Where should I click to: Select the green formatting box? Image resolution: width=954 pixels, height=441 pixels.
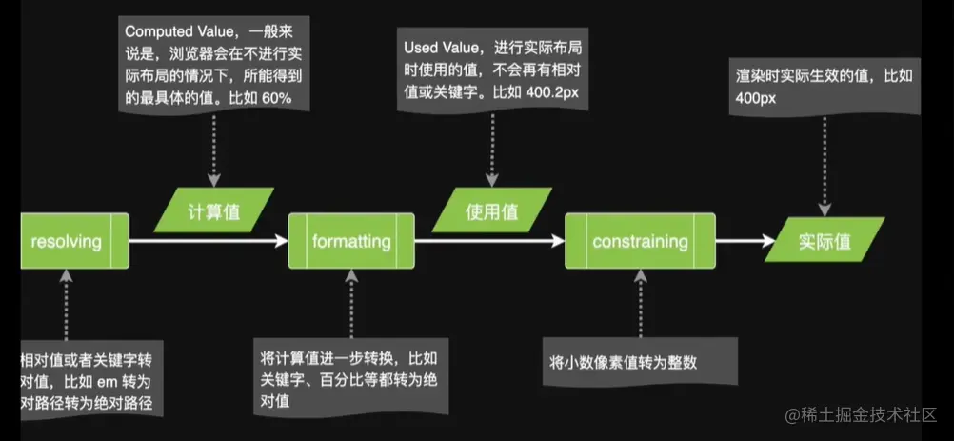coord(351,241)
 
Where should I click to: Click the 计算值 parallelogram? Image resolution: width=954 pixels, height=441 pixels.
coord(214,211)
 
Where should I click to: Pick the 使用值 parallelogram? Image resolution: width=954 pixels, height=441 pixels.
coord(490,211)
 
